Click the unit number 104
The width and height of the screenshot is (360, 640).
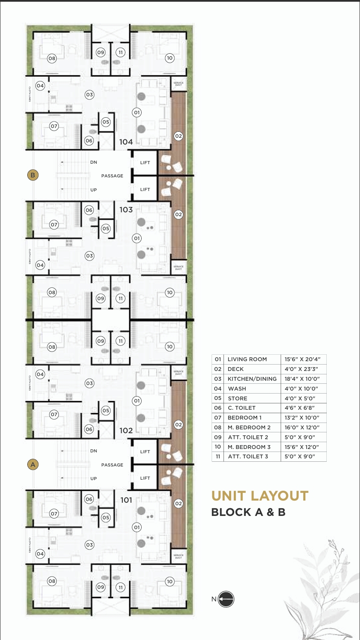[x=126, y=142]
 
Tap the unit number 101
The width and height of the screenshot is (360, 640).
[x=126, y=500]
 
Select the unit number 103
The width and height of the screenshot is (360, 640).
[x=126, y=210]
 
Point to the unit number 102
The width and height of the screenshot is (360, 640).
[x=126, y=431]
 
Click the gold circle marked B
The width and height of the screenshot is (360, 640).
[x=33, y=175]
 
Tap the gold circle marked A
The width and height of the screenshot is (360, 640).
[x=33, y=464]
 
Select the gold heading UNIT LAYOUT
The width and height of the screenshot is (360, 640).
[x=260, y=496]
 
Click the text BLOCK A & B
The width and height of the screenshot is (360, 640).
[x=248, y=512]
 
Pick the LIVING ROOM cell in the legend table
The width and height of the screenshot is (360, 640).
[x=247, y=359]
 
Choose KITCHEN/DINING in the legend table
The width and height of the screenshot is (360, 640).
[x=252, y=379]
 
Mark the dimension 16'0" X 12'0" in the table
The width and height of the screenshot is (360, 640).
[x=302, y=427]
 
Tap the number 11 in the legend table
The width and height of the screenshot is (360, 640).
[x=218, y=457]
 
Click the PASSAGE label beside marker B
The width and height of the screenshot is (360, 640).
[x=112, y=176]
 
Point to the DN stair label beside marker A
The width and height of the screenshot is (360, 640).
[x=94, y=451]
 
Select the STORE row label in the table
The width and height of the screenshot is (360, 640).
[x=238, y=398]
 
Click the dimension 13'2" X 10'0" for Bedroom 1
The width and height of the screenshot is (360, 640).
[x=302, y=418]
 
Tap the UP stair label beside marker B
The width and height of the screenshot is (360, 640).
[x=94, y=190]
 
